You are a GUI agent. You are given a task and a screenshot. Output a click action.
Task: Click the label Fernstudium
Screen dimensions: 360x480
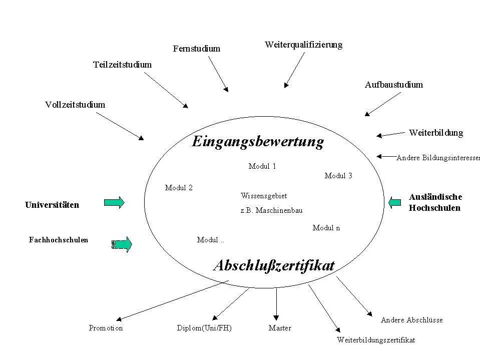197,49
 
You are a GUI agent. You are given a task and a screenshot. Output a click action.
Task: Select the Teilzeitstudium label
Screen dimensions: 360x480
122,65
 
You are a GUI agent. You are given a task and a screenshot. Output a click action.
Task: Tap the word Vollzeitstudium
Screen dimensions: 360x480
75,105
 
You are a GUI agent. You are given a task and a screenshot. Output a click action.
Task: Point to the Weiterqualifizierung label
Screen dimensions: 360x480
303,45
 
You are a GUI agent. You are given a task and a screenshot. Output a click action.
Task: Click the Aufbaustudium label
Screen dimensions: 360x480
393,85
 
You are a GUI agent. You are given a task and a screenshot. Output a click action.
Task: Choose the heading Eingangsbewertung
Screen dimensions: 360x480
258,142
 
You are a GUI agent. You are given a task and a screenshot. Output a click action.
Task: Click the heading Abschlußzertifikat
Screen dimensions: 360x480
274,265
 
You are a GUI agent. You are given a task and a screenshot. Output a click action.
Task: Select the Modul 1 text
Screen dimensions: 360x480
262,166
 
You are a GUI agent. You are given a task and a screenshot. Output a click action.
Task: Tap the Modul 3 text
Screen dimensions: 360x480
338,176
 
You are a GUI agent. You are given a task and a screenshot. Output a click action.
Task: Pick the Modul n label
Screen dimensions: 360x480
326,228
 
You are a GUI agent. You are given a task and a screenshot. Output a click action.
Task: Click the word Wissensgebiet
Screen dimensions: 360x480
264,196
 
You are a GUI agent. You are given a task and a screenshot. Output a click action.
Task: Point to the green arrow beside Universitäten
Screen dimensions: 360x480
114,202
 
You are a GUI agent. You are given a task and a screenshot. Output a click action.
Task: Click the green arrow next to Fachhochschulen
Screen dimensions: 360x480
122,244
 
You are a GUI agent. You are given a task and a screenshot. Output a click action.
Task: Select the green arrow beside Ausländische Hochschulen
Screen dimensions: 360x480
394,202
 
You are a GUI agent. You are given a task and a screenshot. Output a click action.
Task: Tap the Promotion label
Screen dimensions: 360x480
106,328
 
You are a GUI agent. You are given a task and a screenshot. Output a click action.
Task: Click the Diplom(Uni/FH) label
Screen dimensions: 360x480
204,328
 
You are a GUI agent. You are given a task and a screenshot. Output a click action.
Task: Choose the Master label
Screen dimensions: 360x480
280,328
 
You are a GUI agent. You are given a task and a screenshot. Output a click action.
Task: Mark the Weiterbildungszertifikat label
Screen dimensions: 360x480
376,340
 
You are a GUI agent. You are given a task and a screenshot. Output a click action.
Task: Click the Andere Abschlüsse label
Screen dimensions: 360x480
412,320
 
